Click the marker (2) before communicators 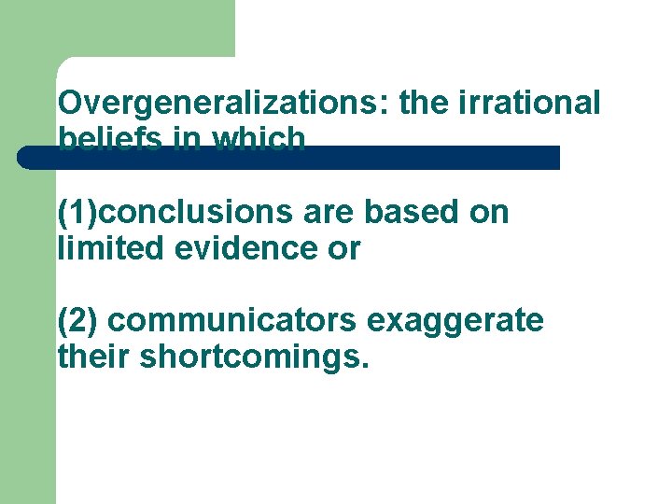tap(77, 320)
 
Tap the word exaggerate tap(455, 320)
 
